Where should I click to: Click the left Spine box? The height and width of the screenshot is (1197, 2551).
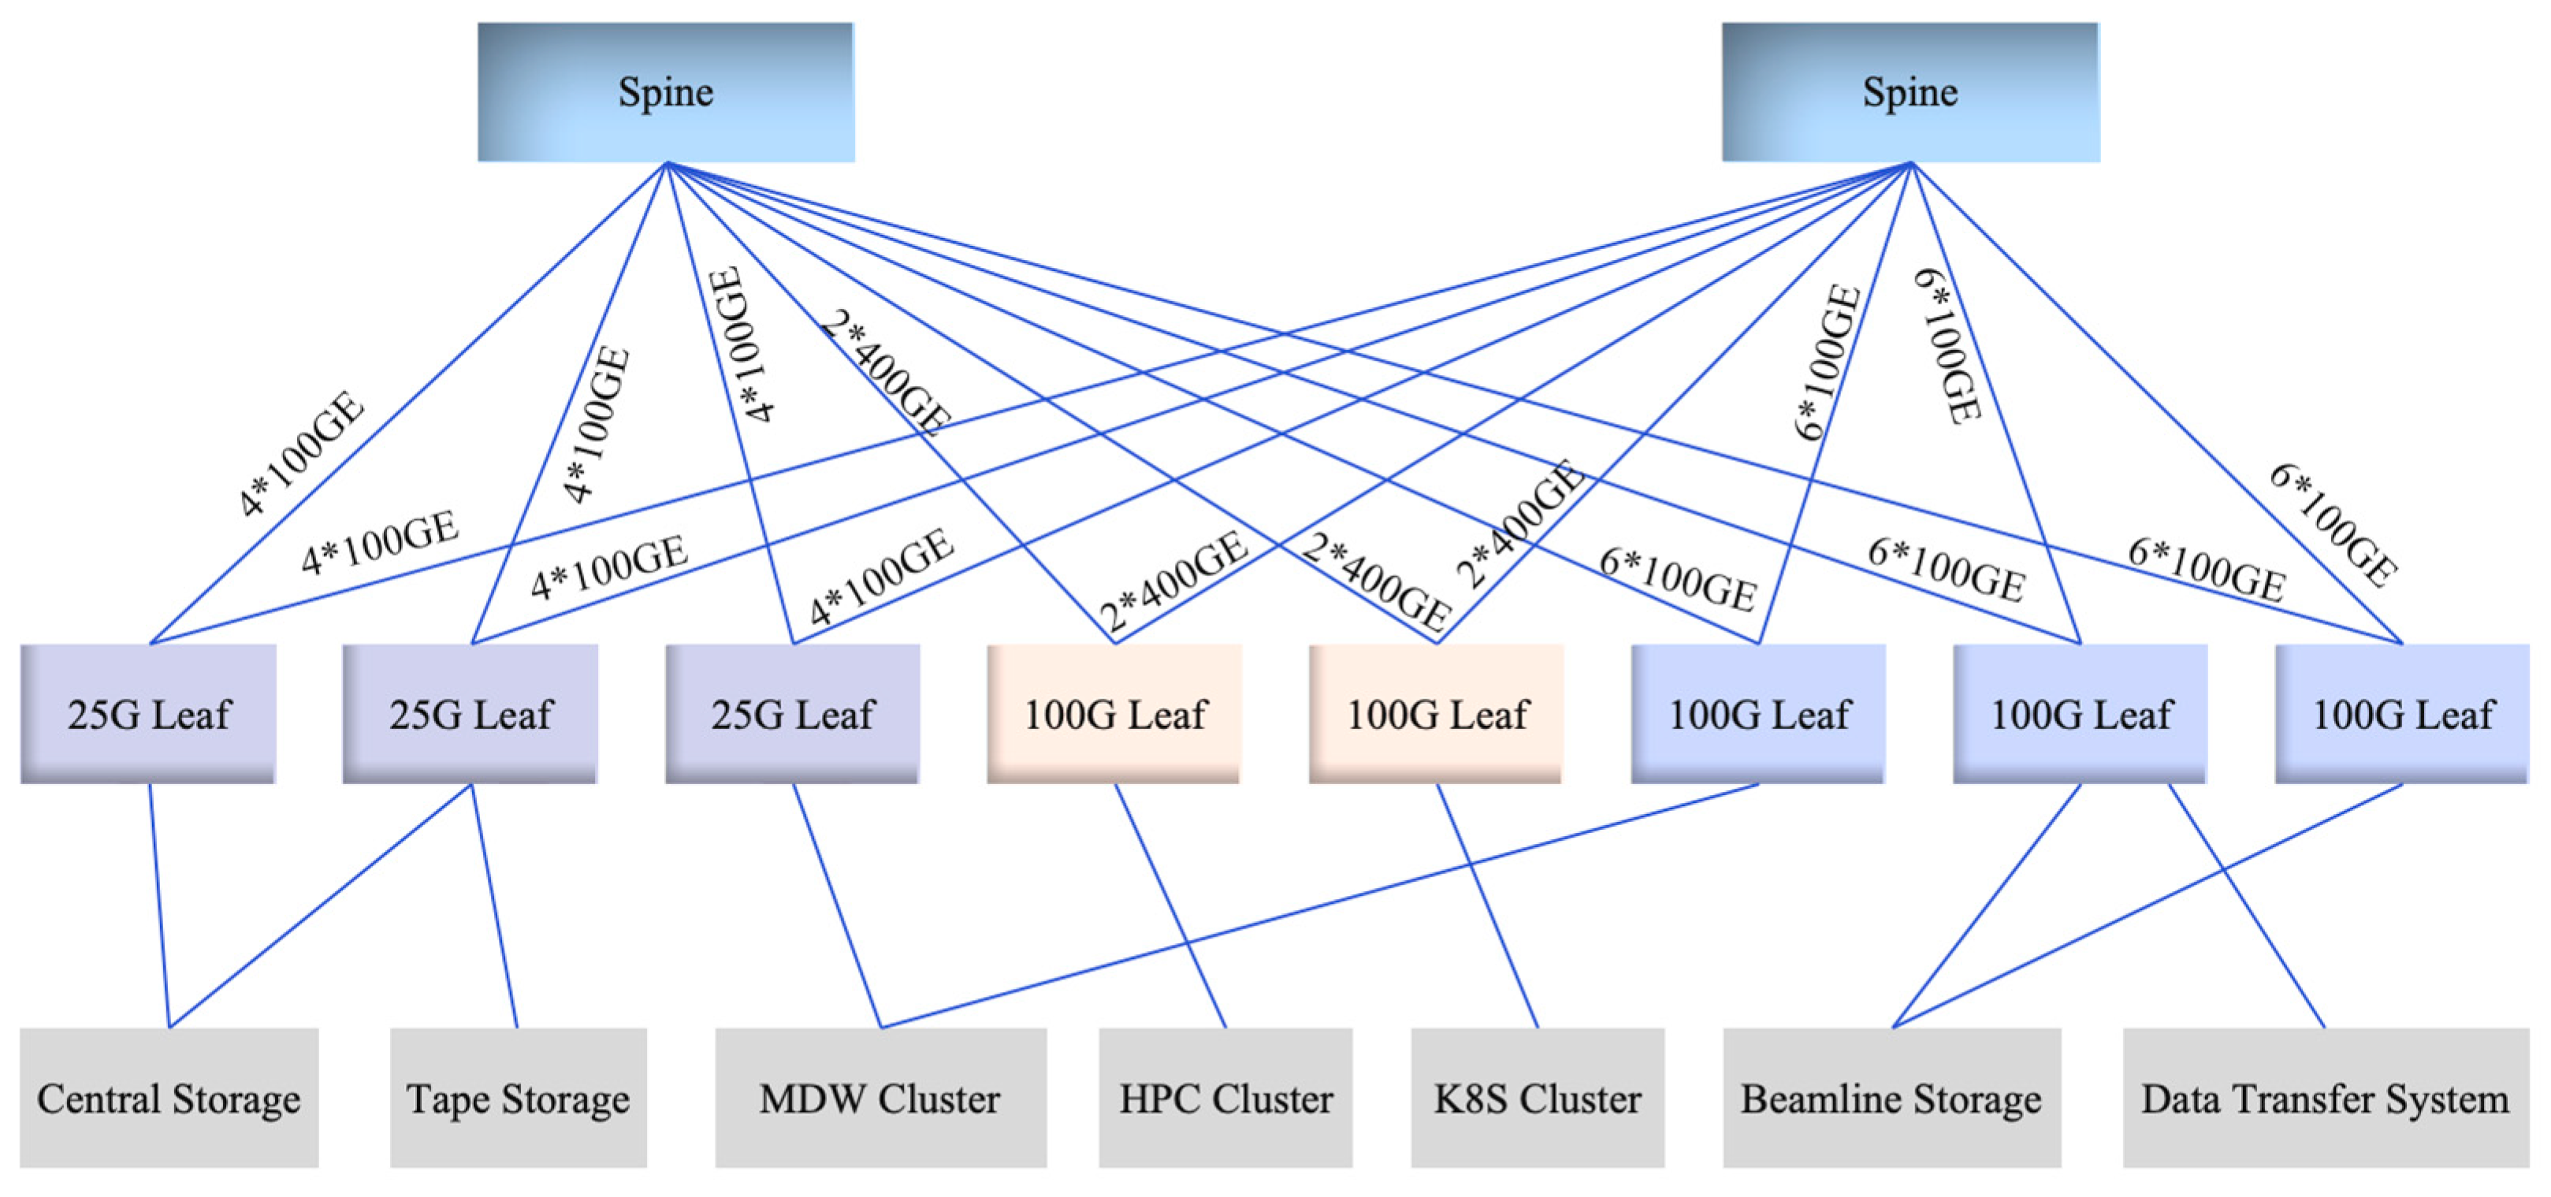665,92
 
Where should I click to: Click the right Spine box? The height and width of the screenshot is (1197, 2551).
1910,92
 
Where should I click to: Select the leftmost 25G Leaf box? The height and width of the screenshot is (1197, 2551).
148,714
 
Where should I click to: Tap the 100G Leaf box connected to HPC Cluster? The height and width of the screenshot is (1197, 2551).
1114,714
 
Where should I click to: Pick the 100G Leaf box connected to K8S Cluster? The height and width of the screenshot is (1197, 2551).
1436,714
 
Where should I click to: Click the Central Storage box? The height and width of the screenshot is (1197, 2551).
169,1098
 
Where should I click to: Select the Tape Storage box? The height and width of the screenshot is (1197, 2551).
518,1098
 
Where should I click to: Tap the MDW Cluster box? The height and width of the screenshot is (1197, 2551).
880,1098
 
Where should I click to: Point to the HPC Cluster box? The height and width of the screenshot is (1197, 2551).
1225,1098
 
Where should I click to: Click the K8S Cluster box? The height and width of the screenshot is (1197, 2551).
1537,1098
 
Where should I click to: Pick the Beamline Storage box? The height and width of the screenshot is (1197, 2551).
1891,1098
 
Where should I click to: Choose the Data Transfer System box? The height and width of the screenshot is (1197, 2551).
2325,1098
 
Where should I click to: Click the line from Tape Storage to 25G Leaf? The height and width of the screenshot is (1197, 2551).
495,906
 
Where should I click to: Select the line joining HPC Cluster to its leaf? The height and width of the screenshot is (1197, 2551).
1170,906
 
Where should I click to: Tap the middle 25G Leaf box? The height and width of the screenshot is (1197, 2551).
470,714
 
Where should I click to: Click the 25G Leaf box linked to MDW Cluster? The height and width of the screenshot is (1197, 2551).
792,714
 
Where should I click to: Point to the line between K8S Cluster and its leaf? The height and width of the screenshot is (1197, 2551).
1487,906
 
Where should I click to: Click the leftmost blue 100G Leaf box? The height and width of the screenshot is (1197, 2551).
1757,714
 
